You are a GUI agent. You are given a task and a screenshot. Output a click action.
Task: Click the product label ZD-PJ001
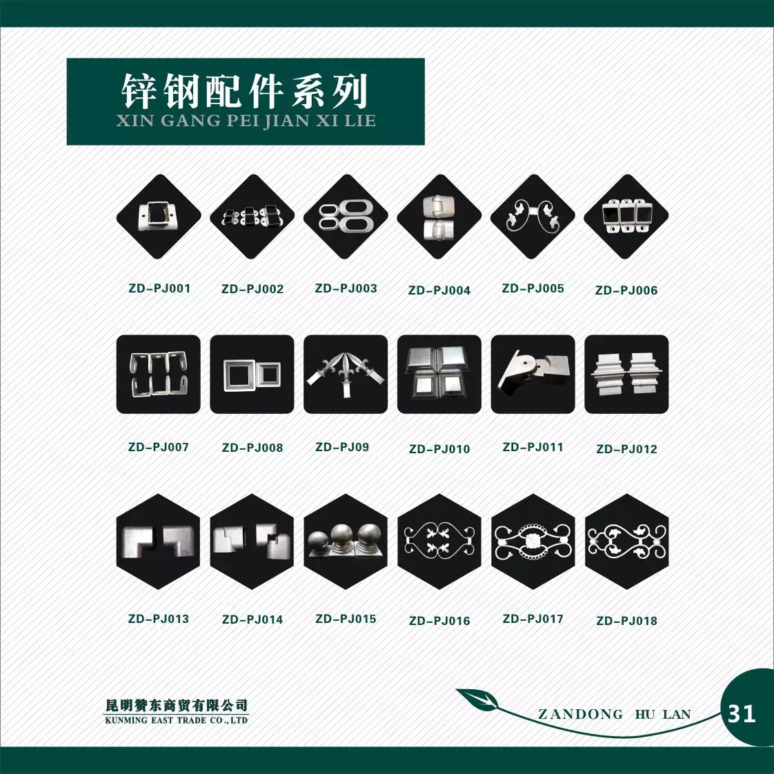(x=159, y=288)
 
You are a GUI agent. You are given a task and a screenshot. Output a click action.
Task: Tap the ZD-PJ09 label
(x=342, y=447)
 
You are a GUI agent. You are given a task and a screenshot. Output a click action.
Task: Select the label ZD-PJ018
(x=626, y=621)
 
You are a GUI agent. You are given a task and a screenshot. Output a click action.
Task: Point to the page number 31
(x=742, y=714)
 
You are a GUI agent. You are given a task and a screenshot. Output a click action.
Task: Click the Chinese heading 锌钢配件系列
(x=245, y=91)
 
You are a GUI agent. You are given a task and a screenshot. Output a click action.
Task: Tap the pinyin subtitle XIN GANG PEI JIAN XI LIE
(x=246, y=121)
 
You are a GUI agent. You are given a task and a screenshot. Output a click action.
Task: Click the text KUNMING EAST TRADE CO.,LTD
(x=176, y=720)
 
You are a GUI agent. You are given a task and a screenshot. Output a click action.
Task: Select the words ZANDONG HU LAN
(x=614, y=714)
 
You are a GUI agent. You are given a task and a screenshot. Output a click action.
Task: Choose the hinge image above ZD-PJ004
(x=438, y=217)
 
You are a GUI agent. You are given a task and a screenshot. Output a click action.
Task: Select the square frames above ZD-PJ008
(x=252, y=375)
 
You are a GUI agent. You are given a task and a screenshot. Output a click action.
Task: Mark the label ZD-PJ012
(x=626, y=449)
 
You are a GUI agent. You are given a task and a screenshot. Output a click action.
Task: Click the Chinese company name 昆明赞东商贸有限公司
(x=176, y=706)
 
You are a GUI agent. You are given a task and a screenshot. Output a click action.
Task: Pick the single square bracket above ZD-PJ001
(x=159, y=216)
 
